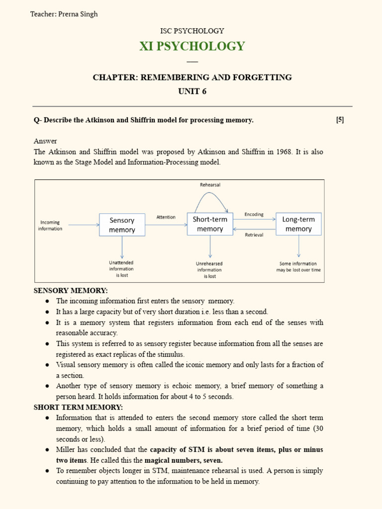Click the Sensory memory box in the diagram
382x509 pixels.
pos(122,225)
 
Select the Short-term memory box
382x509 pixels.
pos(210,224)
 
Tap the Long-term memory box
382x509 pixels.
pos(298,224)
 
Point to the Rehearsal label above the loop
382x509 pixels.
pos(210,185)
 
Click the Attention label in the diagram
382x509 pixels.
pos(166,217)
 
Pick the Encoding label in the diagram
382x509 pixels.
pos(254,215)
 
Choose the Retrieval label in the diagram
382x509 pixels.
pos(254,235)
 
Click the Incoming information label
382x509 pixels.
pos(50,226)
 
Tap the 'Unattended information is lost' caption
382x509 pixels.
pos(121,269)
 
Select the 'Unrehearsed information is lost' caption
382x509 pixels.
pos(209,270)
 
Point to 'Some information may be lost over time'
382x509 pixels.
pos(298,267)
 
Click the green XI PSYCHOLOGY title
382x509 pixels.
pos(192,46)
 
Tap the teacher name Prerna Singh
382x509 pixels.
pos(78,14)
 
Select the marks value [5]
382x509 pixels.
pos(340,120)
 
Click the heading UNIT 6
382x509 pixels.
pos(192,91)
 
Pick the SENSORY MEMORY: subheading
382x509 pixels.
pos(70,290)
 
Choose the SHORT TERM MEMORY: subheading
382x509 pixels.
pos(78,407)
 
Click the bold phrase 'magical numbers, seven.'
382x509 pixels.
pos(184,460)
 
